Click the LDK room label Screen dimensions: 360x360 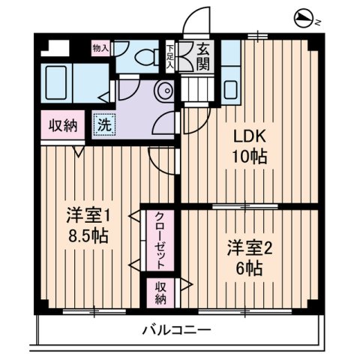(248, 138)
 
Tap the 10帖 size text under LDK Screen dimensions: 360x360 (248, 157)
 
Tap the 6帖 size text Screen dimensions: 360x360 (247, 268)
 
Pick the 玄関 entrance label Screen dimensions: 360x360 (203, 56)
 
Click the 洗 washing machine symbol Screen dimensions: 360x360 (104, 124)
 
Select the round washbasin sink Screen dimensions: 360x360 (164, 91)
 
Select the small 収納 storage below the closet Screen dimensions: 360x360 (160, 292)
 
